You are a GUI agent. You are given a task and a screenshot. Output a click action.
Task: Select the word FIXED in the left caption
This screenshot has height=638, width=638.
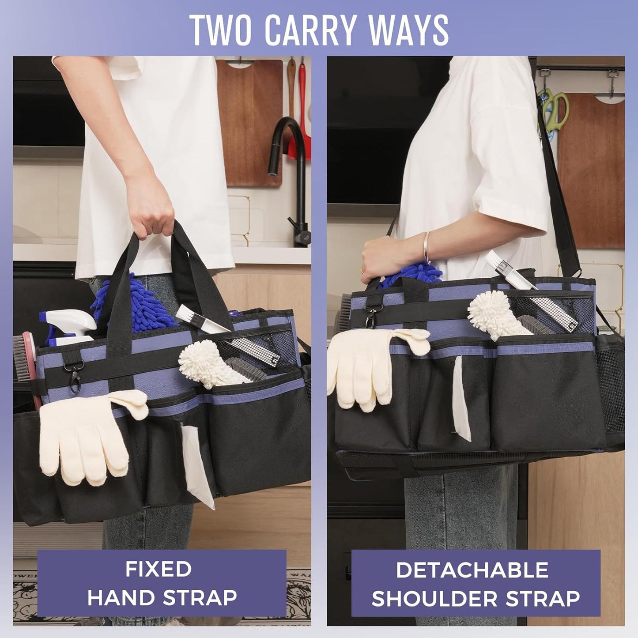(158, 569)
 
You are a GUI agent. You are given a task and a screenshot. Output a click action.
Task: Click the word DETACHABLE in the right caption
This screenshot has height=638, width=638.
(472, 570)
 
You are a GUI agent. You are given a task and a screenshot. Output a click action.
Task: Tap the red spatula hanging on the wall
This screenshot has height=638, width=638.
(303, 110)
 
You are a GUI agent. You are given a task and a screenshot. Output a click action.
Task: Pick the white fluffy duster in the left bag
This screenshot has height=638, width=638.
(208, 362)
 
